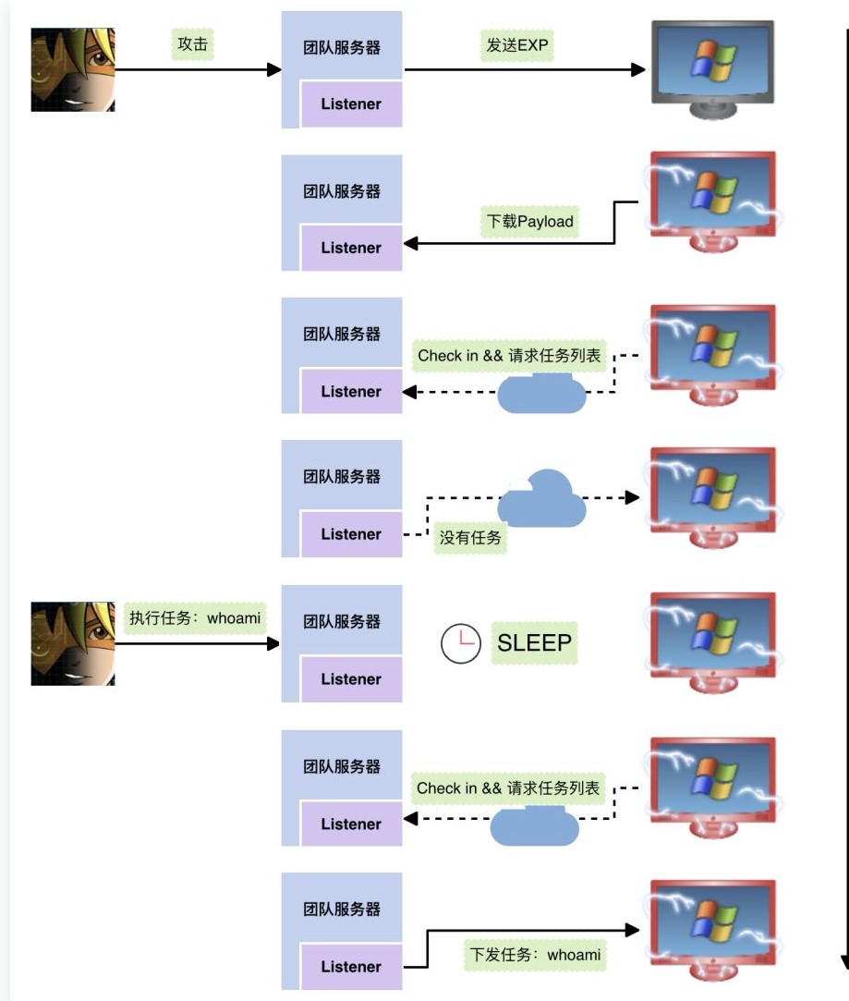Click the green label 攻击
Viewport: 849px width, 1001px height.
tap(192, 45)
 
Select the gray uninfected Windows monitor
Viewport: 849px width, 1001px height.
tap(711, 67)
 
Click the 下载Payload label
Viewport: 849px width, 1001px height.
tap(530, 222)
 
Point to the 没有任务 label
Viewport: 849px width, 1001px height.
tap(469, 538)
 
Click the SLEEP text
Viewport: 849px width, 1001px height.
tap(535, 643)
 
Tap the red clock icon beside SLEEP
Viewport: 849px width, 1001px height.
tap(460, 644)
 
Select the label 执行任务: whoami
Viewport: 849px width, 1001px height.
tap(195, 618)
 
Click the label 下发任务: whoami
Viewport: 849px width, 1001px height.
tap(535, 955)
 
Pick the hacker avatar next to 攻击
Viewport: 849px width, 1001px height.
tap(73, 69)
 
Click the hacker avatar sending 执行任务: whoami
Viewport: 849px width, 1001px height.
tap(73, 643)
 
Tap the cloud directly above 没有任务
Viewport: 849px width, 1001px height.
tap(541, 499)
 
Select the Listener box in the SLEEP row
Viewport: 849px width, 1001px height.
tap(351, 679)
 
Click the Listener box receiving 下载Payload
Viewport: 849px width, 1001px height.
tap(351, 248)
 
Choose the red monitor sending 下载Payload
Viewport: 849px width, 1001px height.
tap(712, 201)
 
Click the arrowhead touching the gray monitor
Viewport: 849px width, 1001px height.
tap(638, 69)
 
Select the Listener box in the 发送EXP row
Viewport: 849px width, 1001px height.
tap(351, 104)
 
